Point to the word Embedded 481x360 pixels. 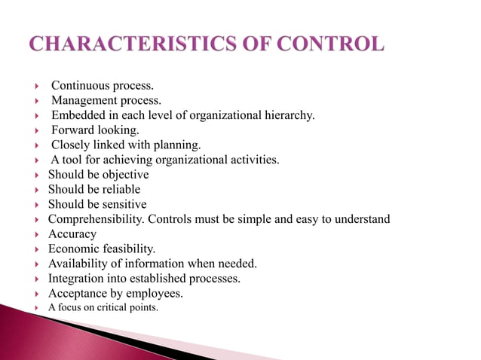point(77,114)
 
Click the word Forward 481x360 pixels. point(72,130)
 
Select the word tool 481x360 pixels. point(72,160)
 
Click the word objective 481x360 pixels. point(124,174)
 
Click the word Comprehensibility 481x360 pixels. point(96,219)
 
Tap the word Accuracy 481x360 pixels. point(72,234)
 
